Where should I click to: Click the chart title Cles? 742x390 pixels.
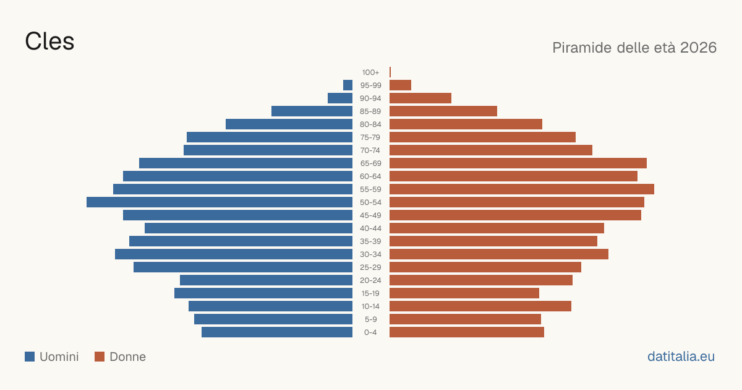tap(49, 41)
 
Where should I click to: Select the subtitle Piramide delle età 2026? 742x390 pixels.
tap(634, 48)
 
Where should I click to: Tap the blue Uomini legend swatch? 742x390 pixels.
tap(30, 357)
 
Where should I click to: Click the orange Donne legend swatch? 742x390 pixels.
tap(100, 357)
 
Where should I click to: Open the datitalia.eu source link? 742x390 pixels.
tap(681, 357)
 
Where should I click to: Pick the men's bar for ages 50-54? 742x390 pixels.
tap(220, 202)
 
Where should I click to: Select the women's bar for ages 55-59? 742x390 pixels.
tap(522, 189)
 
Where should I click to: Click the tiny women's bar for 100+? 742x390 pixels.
tap(390, 72)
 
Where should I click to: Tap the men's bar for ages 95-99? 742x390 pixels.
tap(348, 85)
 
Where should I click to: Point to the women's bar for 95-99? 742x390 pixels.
tap(400, 85)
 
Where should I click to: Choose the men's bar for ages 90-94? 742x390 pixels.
tap(340, 98)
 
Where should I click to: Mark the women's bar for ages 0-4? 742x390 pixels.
tap(467, 332)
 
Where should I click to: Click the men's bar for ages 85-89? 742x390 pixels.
tap(312, 111)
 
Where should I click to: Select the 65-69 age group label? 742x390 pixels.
tap(370, 163)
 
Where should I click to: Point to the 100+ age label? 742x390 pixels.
tap(370, 72)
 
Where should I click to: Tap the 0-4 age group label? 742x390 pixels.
tap(370, 332)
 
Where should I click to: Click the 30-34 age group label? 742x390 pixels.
tap(370, 254)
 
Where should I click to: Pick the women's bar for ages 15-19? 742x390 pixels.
tap(464, 293)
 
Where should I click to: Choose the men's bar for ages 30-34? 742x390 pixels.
tap(234, 254)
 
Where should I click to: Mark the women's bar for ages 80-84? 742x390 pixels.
tap(466, 124)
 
